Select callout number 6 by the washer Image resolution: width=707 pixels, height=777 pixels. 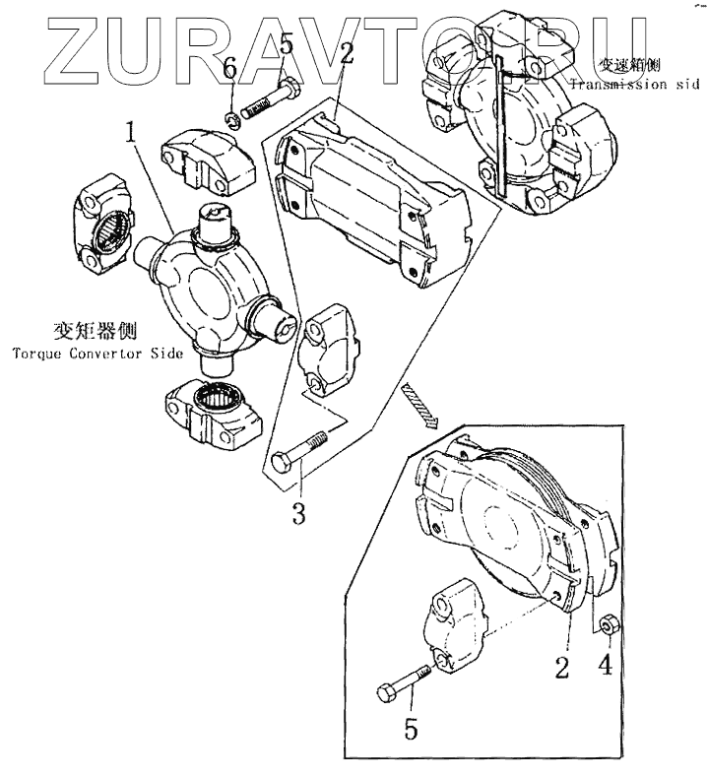pyautogui.click(x=229, y=71)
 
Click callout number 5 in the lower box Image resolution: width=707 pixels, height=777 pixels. pyautogui.click(x=412, y=730)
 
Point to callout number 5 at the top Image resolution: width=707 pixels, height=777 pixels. pyautogui.click(x=286, y=43)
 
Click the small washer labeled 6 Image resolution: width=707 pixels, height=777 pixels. pyautogui.click(x=233, y=119)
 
